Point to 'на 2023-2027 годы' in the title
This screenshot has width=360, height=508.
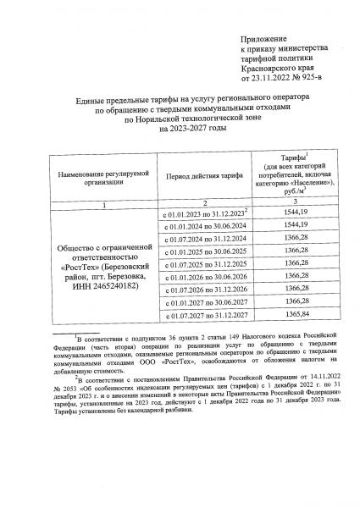[x=180, y=127]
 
